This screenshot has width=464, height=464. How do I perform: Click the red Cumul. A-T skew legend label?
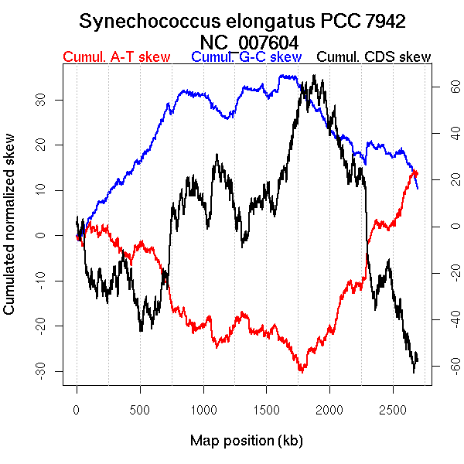point(116,57)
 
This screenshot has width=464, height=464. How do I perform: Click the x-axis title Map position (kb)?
point(246,442)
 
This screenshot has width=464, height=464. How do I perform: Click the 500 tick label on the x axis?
point(140,408)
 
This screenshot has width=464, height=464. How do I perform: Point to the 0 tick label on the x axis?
point(77,408)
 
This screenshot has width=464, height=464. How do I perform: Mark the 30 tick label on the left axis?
point(39,99)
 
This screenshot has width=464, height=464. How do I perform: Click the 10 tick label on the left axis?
point(39,189)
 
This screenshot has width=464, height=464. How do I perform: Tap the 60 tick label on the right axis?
point(446,88)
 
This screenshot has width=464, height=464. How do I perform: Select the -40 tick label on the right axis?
point(446,319)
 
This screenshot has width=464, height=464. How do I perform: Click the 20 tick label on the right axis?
point(446,180)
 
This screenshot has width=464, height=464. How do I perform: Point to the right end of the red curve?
point(418,173)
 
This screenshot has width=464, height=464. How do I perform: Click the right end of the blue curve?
point(418,188)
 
